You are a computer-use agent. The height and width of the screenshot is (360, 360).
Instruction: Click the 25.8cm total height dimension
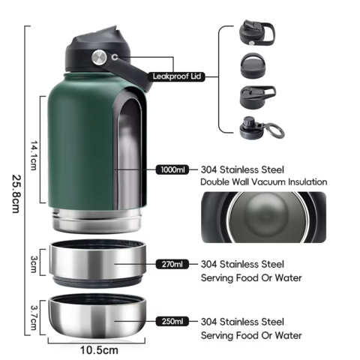tap(16, 193)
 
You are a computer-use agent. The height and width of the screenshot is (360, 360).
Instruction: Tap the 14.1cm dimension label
tap(34, 155)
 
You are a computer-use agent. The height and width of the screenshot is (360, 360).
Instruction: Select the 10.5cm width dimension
tap(99, 350)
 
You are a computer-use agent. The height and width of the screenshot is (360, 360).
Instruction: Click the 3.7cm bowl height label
tap(34, 317)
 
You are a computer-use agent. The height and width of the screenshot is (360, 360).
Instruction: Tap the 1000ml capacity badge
tap(172, 169)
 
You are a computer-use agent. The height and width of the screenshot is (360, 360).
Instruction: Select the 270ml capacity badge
tap(172, 264)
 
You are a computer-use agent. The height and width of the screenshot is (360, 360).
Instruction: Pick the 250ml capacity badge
tap(172, 321)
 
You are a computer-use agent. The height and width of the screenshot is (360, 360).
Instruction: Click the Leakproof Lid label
tap(176, 76)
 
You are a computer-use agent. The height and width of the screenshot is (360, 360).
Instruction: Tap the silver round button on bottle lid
tap(99, 57)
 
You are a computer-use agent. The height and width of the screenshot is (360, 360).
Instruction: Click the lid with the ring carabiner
tap(262, 128)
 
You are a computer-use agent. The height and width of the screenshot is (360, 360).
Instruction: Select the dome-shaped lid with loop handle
tap(253, 65)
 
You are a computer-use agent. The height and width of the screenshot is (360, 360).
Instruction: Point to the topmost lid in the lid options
tap(257, 33)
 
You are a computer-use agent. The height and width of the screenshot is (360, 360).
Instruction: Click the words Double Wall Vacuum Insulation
tap(264, 181)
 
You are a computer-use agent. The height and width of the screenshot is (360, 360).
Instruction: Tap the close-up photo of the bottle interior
tap(264, 217)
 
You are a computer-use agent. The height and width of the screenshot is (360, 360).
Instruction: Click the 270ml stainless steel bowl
tap(97, 264)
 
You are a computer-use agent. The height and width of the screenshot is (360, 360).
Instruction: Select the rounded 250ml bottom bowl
tap(97, 316)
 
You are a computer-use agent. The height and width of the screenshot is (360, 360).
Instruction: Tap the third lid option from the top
tap(258, 96)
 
